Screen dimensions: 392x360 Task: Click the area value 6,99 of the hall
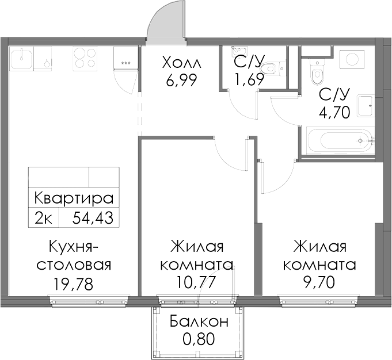[x=181, y=80]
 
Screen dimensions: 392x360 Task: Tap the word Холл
[x=181, y=63]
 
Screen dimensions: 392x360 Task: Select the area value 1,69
[x=249, y=79]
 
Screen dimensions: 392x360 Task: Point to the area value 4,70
[x=334, y=112]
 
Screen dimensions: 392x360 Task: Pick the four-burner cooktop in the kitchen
[x=85, y=58]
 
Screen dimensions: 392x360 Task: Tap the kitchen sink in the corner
[x=21, y=58]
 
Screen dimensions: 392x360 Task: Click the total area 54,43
[x=93, y=218]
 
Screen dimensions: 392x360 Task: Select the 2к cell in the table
[x=44, y=218]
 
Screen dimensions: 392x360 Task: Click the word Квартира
[x=74, y=198]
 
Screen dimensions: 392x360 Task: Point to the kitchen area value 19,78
[x=73, y=284]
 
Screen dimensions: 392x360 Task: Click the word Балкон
[x=199, y=321]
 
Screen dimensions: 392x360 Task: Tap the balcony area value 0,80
[x=199, y=339]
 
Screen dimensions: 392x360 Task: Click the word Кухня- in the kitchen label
[x=74, y=247]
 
